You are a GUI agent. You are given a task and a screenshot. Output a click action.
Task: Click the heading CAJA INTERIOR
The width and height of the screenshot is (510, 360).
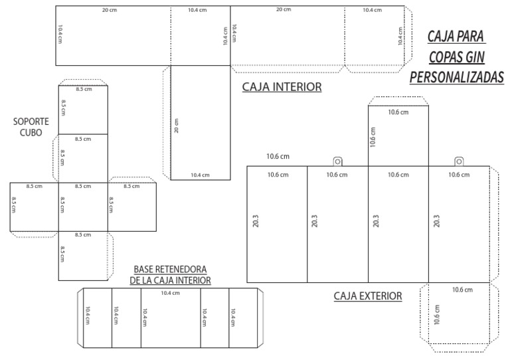click(x=282, y=87)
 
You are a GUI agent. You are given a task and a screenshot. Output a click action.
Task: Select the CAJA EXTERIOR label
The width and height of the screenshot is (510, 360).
click(x=367, y=296)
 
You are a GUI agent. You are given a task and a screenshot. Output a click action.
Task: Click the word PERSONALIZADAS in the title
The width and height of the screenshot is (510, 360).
click(x=456, y=78)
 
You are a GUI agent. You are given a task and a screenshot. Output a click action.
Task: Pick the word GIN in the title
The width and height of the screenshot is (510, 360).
click(x=473, y=56)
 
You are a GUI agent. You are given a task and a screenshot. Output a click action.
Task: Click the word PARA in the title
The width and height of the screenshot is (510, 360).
click(x=470, y=35)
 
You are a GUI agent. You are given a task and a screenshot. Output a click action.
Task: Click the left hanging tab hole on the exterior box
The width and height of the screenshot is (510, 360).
click(x=337, y=161)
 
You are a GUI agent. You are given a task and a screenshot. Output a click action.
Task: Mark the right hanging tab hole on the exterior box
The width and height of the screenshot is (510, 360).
click(x=459, y=161)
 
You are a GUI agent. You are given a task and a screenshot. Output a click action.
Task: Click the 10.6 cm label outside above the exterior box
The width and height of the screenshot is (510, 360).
click(x=278, y=157)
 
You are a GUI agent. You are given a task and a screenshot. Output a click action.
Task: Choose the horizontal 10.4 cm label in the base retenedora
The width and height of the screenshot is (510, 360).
click(x=171, y=293)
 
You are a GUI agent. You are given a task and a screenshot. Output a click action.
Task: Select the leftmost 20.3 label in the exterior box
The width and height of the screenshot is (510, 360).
click(x=256, y=221)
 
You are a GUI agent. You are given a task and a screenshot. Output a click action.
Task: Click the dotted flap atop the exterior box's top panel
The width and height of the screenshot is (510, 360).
click(x=398, y=101)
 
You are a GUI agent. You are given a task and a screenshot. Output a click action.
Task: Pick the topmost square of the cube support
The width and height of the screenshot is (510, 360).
click(x=82, y=110)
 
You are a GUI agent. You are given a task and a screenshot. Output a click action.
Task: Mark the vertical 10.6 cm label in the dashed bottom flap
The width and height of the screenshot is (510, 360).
click(x=436, y=314)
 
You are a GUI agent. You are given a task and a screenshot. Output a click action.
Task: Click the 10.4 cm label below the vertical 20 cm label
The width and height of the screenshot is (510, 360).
click(x=200, y=175)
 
